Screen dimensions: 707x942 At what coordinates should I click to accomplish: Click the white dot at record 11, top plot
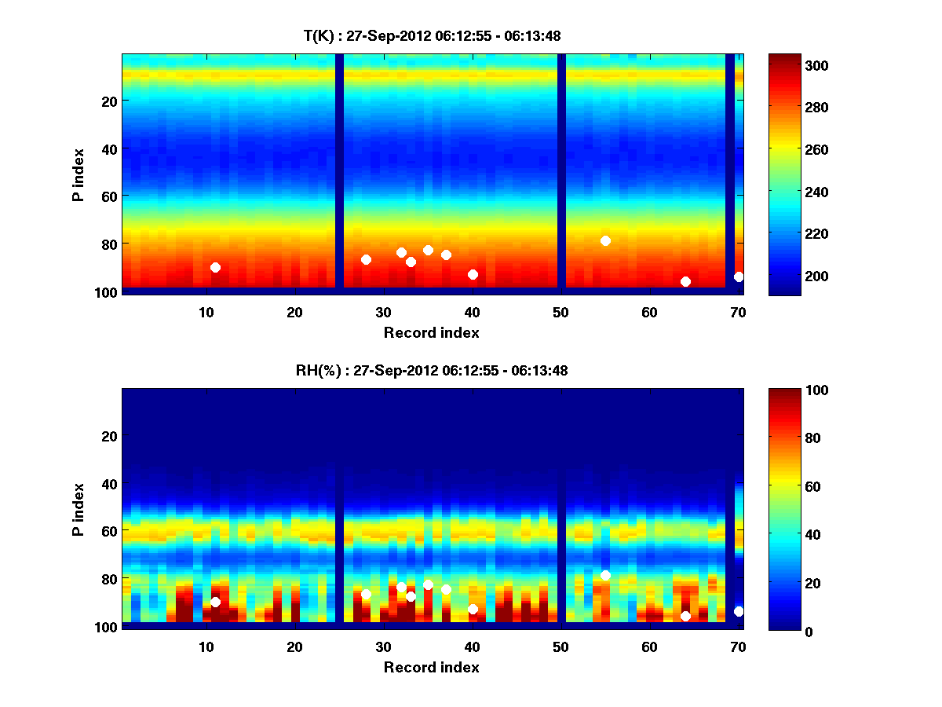[x=215, y=268]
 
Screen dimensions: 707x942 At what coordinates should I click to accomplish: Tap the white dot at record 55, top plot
[x=605, y=240]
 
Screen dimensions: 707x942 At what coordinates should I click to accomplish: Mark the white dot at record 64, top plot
[x=685, y=281]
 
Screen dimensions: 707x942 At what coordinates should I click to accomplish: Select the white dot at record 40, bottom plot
[x=473, y=610]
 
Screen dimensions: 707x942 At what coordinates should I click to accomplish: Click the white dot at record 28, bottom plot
[x=366, y=595]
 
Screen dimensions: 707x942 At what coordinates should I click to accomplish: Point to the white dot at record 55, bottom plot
[x=605, y=576]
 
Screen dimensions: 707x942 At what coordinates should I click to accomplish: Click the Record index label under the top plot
[x=432, y=333]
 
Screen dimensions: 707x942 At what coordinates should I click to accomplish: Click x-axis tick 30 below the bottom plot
[x=383, y=647]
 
